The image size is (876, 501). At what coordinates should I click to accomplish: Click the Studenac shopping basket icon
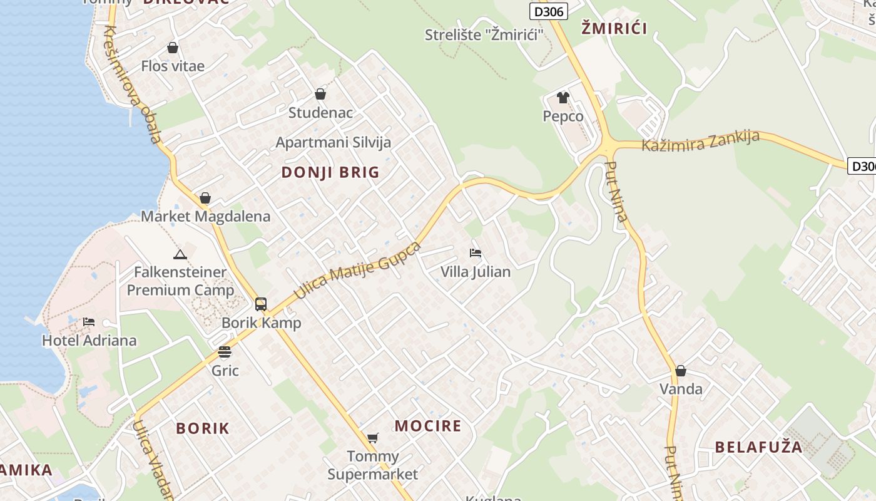(320, 94)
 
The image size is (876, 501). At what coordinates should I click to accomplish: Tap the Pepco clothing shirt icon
(563, 98)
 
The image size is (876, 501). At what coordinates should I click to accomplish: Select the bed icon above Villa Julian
(476, 253)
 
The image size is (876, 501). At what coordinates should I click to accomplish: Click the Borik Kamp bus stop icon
(261, 304)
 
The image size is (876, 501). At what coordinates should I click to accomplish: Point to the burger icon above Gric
(225, 352)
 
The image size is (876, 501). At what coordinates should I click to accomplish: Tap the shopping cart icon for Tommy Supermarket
(373, 438)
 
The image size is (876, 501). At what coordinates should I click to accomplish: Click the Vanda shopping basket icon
(681, 371)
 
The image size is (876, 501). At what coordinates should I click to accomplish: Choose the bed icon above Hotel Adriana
(89, 322)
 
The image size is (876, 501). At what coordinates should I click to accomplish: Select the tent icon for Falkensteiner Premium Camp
(180, 254)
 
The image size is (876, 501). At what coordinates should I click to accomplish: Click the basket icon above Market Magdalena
(205, 199)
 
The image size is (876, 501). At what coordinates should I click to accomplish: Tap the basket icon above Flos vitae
(173, 48)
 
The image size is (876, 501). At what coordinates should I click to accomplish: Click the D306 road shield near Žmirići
(549, 11)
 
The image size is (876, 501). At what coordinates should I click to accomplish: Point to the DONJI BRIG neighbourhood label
(330, 172)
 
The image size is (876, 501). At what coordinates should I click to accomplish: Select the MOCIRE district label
(428, 426)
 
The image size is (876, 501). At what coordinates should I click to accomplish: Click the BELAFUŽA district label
(758, 447)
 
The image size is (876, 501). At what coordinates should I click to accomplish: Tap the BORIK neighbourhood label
(203, 428)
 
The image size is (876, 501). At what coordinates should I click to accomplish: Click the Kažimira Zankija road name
(701, 142)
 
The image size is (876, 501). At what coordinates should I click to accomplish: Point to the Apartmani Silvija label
(334, 142)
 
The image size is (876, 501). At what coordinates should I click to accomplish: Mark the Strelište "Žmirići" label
(484, 35)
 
